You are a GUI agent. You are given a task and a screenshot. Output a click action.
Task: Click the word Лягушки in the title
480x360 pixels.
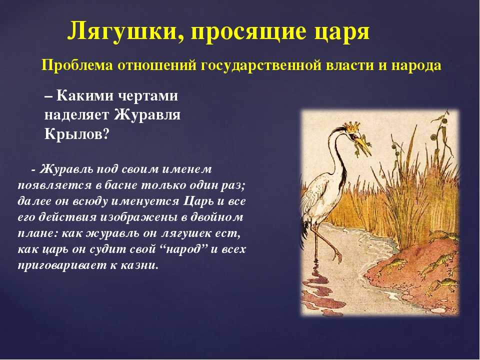pos(125,31)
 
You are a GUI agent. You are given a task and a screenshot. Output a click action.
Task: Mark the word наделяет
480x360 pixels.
pos(77,115)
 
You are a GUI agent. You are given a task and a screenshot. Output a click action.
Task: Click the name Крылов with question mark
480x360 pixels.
pos(77,134)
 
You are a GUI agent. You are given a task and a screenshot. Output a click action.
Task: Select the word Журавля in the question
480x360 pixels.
pos(147,115)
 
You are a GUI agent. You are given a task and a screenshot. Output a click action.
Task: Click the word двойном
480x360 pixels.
pos(216,217)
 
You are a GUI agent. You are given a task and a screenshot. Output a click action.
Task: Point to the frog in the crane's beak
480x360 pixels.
pos(359,144)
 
